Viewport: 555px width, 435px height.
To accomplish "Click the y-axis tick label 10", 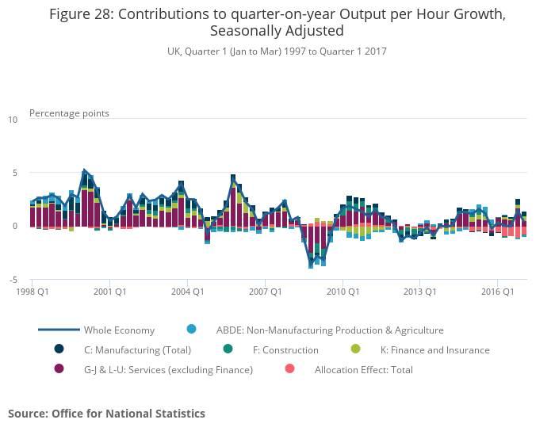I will (13, 120).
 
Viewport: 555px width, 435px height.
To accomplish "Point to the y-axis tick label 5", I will (14, 173).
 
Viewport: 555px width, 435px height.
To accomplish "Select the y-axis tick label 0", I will (14, 226).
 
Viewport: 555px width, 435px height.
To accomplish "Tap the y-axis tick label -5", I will (13, 280).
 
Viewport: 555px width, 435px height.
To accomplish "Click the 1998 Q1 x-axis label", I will (32, 291).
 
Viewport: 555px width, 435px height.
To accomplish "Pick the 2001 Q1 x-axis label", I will (109, 291).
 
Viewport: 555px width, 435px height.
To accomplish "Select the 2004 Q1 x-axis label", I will (187, 291).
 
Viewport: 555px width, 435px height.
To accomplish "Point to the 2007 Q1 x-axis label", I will (265, 291).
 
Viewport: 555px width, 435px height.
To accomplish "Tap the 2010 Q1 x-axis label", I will (342, 291).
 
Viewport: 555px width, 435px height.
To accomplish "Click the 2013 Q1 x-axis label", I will (419, 291).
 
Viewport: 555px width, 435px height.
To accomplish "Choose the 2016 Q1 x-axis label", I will (497, 291).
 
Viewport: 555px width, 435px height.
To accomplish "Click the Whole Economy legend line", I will (59, 330).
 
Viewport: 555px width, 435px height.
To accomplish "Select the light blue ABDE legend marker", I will (191, 329).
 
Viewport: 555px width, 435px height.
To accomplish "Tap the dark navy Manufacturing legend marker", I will (59, 349).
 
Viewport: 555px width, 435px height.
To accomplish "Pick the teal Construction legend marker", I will (228, 349).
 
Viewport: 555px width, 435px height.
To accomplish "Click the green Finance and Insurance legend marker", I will (355, 349).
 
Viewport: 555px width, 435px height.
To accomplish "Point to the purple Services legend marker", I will (59, 368).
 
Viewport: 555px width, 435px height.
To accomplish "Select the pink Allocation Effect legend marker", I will (289, 368).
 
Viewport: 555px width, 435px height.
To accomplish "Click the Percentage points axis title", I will (69, 113).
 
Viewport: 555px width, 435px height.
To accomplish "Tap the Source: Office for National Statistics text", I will (106, 414).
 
